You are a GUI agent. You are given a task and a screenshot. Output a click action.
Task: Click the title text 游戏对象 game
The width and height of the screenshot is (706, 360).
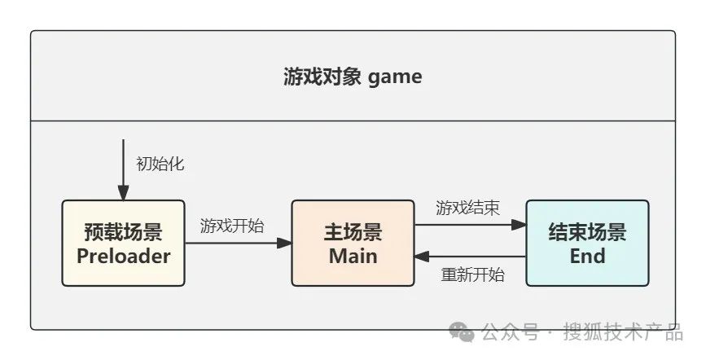[353, 77]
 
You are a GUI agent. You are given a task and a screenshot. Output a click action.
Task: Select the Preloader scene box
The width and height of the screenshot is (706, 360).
[123, 243]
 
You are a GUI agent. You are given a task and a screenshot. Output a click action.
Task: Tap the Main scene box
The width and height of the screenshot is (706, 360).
[353, 243]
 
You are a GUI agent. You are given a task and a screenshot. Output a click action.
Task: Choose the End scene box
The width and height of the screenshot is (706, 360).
[587, 243]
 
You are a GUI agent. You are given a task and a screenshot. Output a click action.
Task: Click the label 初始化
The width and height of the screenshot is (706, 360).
[160, 164]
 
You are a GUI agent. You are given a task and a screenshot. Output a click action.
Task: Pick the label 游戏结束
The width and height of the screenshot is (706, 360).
[467, 208]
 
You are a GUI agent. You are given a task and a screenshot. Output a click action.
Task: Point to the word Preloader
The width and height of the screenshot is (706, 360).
[123, 256]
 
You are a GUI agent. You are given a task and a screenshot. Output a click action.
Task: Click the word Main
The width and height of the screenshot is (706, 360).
[353, 256]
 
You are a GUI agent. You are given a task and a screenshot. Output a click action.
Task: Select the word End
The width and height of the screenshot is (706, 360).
[587, 256]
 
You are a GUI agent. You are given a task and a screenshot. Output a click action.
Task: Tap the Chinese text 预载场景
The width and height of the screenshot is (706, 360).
[123, 232]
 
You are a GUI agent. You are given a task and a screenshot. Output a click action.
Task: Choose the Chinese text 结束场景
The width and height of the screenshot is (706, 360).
[587, 232]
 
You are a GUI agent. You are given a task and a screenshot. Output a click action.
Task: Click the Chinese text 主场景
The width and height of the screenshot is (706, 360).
[353, 232]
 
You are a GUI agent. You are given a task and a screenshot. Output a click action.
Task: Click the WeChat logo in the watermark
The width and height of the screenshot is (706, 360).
[463, 332]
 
